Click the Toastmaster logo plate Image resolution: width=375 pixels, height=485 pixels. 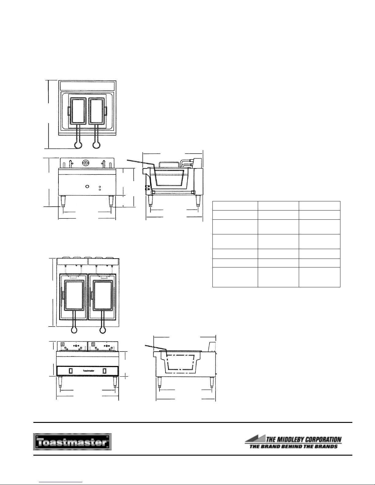[x=72, y=442]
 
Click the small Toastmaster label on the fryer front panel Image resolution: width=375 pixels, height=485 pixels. [x=88, y=371]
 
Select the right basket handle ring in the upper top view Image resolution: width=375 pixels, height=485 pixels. [x=96, y=145]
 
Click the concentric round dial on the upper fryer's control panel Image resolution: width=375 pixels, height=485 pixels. [x=85, y=163]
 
